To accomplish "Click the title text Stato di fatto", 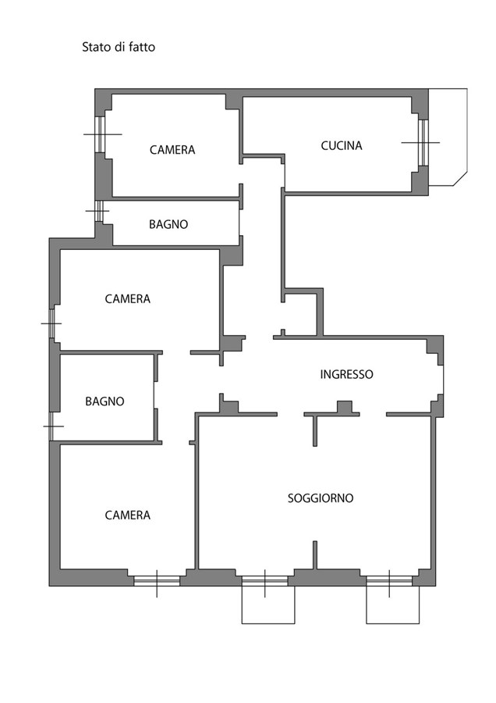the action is pyautogui.click(x=119, y=47).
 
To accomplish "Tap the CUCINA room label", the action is pyautogui.click(x=342, y=146).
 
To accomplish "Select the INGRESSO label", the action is pyautogui.click(x=346, y=374).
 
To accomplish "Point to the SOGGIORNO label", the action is pyautogui.click(x=321, y=498).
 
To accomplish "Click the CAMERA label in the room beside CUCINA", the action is pyautogui.click(x=172, y=150).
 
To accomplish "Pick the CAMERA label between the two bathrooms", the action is pyautogui.click(x=128, y=299).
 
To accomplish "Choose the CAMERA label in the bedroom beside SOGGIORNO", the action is pyautogui.click(x=128, y=516).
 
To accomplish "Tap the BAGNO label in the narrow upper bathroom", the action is pyautogui.click(x=168, y=224).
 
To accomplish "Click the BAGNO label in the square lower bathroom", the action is pyautogui.click(x=105, y=401).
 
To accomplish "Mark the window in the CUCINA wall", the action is pyautogui.click(x=423, y=143).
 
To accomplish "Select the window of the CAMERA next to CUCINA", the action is pyautogui.click(x=101, y=134).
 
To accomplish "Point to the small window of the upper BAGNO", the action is pyautogui.click(x=99, y=211).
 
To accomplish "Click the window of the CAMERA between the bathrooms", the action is pyautogui.click(x=52, y=323).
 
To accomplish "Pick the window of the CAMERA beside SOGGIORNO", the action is pyautogui.click(x=157, y=581).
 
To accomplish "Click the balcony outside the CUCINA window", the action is pyautogui.click(x=448, y=137).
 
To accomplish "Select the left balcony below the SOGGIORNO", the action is pyautogui.click(x=268, y=605).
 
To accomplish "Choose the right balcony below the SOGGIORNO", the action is pyautogui.click(x=392, y=605).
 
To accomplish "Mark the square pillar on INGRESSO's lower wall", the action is pyautogui.click(x=345, y=407).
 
